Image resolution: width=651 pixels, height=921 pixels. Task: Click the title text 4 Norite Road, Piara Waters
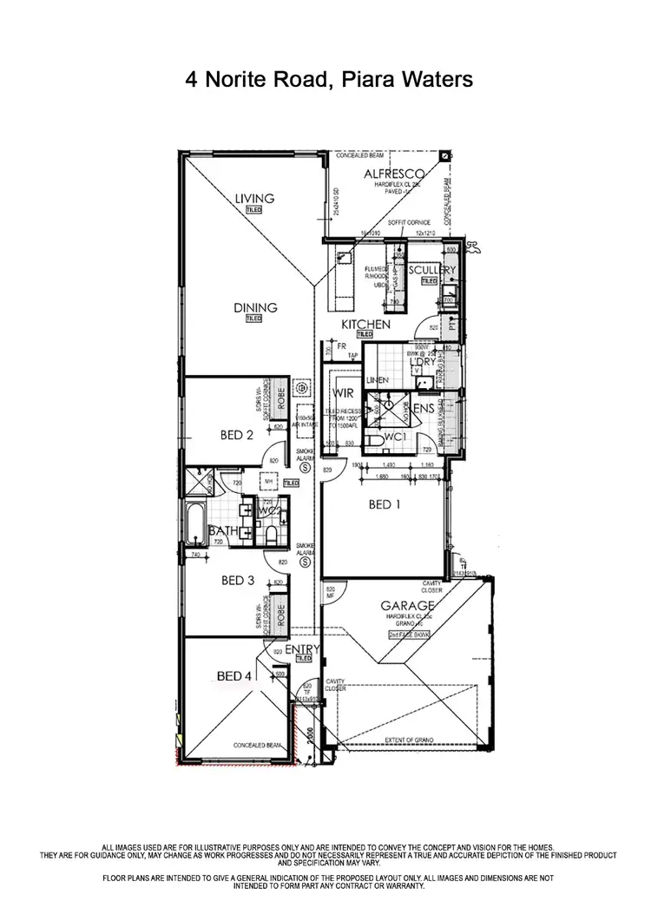[329, 80]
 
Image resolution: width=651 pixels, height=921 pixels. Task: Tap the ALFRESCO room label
[391, 174]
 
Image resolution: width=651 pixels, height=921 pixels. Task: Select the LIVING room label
[254, 199]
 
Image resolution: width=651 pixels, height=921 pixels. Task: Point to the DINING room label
[254, 307]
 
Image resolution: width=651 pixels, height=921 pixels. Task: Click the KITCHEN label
[365, 324]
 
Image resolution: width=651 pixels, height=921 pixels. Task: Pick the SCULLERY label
[432, 271]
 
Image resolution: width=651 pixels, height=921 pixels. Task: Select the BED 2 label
[237, 436]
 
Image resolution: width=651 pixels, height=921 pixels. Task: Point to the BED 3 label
[237, 580]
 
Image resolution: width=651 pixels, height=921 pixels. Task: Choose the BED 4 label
[233, 675]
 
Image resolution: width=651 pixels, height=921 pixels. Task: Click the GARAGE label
[406, 606]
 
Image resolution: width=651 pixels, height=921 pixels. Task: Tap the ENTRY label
[303, 648]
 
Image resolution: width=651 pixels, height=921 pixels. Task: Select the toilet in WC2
[270, 536]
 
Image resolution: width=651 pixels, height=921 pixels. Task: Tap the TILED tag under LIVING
[253, 210]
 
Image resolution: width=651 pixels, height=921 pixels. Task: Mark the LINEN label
[377, 381]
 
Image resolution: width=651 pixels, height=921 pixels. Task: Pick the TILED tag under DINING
[253, 319]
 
